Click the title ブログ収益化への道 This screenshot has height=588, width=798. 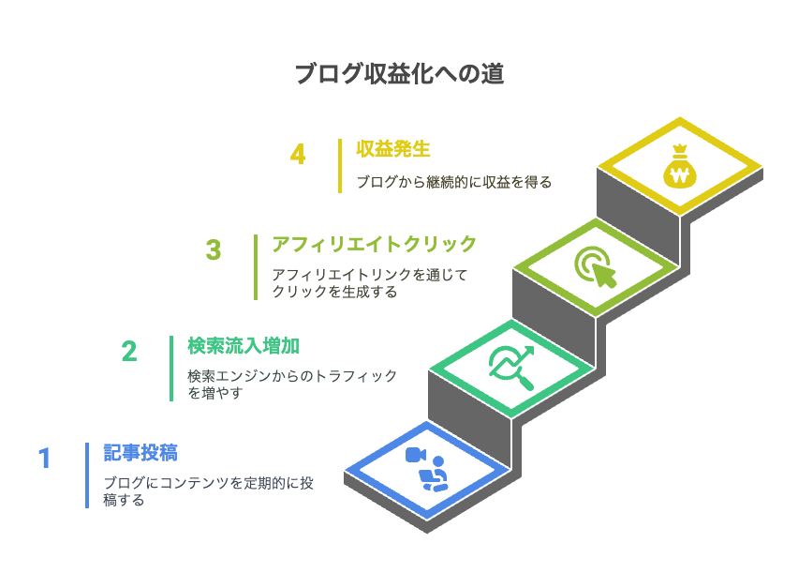[x=400, y=74]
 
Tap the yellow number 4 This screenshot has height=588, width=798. [x=298, y=155]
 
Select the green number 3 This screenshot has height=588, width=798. [x=214, y=250]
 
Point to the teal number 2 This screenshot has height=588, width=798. [x=129, y=352]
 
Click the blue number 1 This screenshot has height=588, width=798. [x=45, y=458]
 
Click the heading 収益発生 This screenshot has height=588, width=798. [x=392, y=149]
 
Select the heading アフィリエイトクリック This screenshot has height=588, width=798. [x=374, y=244]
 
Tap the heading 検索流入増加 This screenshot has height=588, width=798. [x=244, y=346]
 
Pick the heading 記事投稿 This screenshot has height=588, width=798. [x=140, y=452]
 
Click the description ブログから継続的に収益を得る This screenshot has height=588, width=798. [x=454, y=182]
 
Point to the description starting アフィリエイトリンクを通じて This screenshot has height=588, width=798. [x=370, y=283]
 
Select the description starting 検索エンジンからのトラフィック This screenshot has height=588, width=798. [x=292, y=384]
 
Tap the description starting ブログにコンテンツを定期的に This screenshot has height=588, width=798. [x=208, y=491]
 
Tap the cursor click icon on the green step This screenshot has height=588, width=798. [x=596, y=267]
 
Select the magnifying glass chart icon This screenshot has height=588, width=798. [x=511, y=368]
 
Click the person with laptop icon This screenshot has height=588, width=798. [x=434, y=475]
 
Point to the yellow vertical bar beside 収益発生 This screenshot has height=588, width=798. [x=340, y=166]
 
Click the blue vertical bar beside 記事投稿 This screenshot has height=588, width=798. [x=87, y=475]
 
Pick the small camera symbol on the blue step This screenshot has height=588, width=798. [x=415, y=455]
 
